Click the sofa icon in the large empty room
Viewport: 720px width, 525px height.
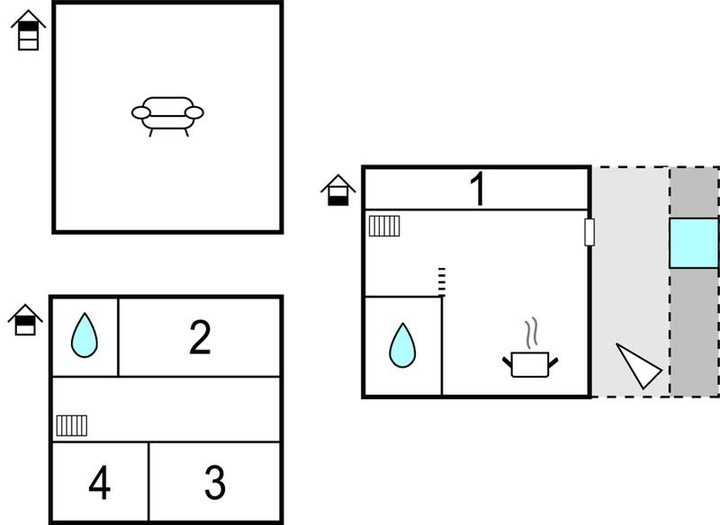167,116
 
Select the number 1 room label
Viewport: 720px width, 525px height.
478,189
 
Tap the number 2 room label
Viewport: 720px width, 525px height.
200,337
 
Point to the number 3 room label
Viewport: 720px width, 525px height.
215,483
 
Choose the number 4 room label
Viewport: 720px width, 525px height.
99,483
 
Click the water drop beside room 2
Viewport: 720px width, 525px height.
85,335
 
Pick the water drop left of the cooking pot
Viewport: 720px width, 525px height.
402,345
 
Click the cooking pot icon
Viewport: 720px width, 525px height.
530,364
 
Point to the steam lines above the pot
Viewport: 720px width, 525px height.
531,333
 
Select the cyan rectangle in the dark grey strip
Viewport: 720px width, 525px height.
694,243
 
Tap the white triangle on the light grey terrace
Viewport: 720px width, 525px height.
638,366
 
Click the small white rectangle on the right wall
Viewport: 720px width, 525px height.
589,232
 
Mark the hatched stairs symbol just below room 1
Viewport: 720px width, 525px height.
384,226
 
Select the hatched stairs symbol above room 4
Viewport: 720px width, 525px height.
72,425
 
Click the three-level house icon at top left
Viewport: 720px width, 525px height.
29,31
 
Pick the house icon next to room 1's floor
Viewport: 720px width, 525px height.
338,191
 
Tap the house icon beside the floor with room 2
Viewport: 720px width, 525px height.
25,320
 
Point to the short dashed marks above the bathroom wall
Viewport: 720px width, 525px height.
442,281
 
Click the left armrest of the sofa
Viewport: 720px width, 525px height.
141,112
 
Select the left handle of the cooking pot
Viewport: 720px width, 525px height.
507,362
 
